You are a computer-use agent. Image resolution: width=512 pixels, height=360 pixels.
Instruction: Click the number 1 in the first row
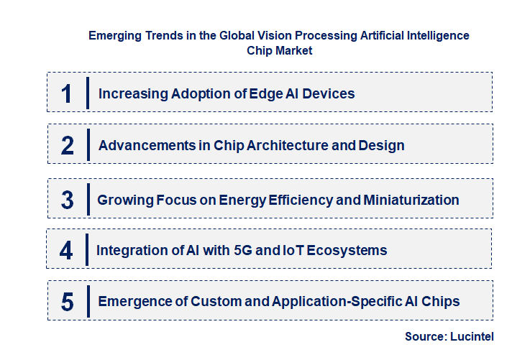tap(67, 93)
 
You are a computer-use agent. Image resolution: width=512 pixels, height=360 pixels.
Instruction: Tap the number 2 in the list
tap(68, 145)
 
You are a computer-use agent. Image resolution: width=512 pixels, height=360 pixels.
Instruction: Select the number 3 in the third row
tap(67, 200)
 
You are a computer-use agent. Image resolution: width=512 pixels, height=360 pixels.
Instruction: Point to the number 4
tap(66, 250)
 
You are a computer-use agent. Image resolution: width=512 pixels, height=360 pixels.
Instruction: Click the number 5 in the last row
tap(67, 302)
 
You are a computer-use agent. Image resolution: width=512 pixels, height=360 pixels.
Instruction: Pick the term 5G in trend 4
tap(239, 250)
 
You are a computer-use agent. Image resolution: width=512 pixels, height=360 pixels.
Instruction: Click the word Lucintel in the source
tap(472, 336)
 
